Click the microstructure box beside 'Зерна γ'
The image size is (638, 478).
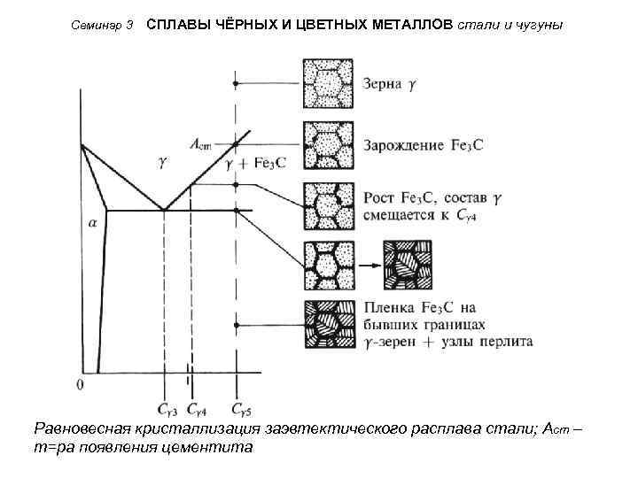(328, 84)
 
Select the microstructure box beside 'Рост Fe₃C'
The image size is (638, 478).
(328, 206)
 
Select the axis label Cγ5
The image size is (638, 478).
(241, 410)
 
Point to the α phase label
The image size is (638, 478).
(92, 224)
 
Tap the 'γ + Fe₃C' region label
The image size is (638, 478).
(256, 164)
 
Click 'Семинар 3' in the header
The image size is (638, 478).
(102, 26)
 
